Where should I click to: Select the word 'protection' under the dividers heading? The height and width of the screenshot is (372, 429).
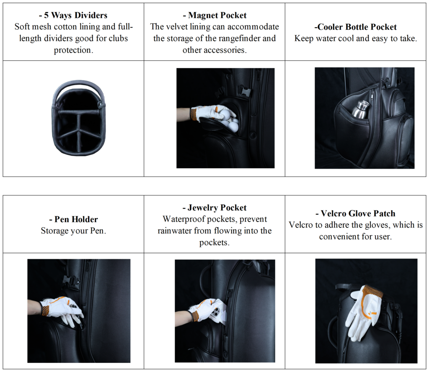73,50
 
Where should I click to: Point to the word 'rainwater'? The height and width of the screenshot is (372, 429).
175,231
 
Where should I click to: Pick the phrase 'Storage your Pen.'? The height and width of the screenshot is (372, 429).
73,231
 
